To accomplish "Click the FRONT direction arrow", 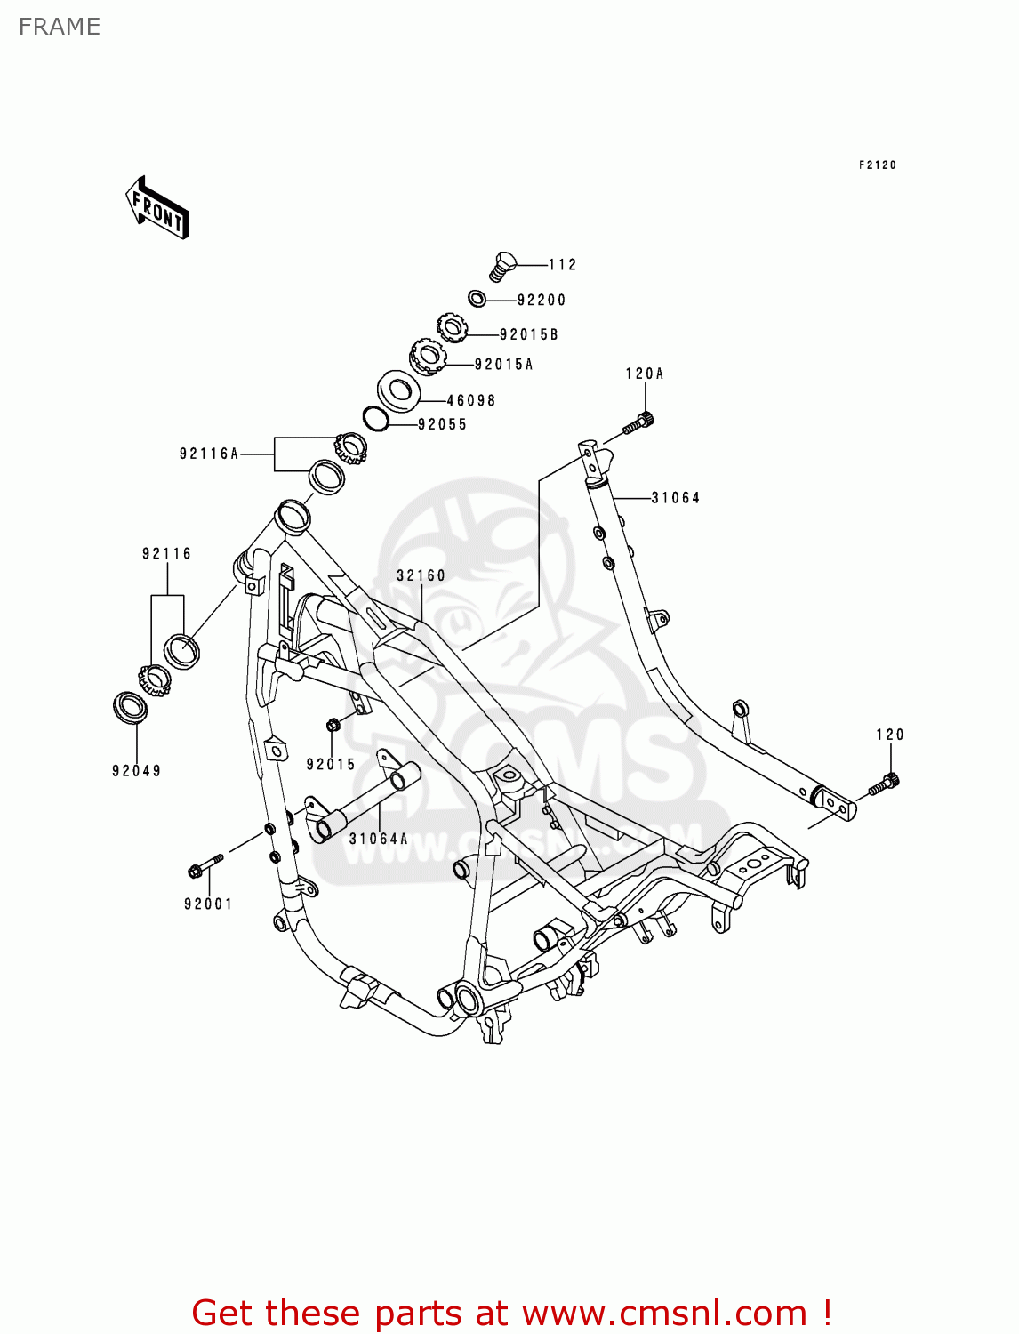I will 158,207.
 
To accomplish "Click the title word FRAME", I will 60,27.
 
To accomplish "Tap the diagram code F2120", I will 877,165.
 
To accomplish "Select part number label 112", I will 562,265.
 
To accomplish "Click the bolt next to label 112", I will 502,265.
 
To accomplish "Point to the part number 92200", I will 541,301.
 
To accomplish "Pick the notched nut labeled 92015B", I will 453,327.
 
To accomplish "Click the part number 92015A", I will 503,365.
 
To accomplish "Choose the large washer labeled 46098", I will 399,390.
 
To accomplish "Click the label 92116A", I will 209,454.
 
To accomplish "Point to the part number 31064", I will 676,498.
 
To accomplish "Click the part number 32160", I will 421,576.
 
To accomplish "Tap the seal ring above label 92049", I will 132,708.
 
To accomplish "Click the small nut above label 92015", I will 333,726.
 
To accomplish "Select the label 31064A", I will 379,839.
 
